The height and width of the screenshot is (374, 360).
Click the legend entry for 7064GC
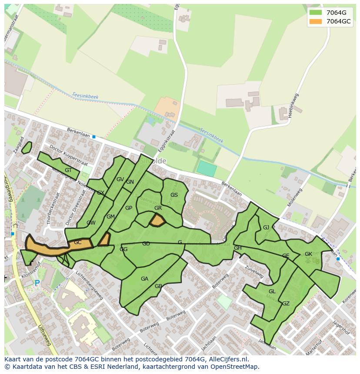click(338, 21)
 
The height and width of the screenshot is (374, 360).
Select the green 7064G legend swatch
click(316, 13)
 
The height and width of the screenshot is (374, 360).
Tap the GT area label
click(68, 170)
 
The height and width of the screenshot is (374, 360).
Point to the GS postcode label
click(174, 195)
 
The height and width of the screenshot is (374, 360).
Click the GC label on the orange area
click(77, 242)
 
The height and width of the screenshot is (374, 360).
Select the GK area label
click(308, 254)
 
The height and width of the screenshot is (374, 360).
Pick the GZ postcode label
click(286, 304)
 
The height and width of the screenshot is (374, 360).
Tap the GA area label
click(144, 279)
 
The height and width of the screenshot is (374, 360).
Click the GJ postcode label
click(266, 228)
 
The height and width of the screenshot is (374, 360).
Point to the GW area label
click(91, 223)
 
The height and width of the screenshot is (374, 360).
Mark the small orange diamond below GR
click(157, 221)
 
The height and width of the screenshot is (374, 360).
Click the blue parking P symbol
click(37, 283)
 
